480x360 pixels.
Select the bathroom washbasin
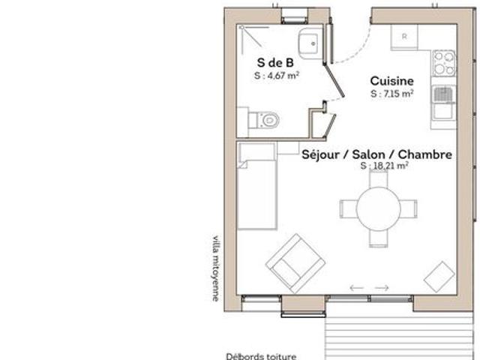click(x=310, y=43)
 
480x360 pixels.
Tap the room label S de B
click(x=275, y=63)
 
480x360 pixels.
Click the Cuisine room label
click(x=391, y=81)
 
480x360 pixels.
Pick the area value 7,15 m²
click(x=398, y=93)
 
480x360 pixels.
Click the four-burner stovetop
click(x=444, y=63)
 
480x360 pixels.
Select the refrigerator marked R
click(x=404, y=37)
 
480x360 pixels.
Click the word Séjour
click(x=320, y=154)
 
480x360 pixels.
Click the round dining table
click(x=379, y=208)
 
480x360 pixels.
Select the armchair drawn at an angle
click(x=295, y=263)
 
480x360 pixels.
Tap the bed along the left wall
click(x=257, y=185)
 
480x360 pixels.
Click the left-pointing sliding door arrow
click(x=357, y=288)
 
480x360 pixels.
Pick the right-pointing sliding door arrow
click(x=382, y=288)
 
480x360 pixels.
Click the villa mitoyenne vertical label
click(x=216, y=268)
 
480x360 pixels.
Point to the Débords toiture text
click(x=261, y=356)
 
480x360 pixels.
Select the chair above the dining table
click(x=379, y=178)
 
